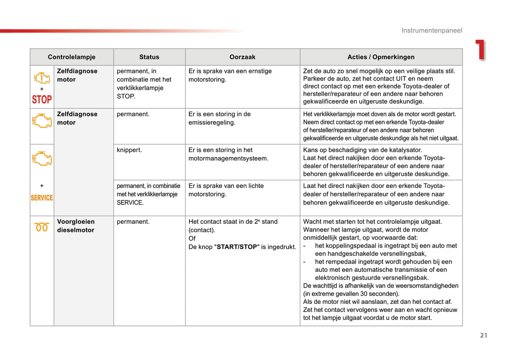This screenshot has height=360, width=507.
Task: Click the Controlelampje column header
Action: pyautogui.click(x=72, y=57)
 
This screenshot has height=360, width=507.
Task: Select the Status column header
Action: pyautogui.click(x=149, y=57)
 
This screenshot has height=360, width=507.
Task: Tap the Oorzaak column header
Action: pyautogui.click(x=242, y=57)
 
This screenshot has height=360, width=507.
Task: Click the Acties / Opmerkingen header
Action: pyautogui.click(x=381, y=57)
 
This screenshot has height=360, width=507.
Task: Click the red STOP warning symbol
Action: pyautogui.click(x=42, y=100)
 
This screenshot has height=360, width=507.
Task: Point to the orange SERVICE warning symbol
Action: pyautogui.click(x=42, y=198)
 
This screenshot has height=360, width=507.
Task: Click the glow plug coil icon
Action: pyautogui.click(x=41, y=227)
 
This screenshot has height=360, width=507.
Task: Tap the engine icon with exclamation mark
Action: pyautogui.click(x=42, y=78)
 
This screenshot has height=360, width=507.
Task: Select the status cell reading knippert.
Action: pyautogui.click(x=129, y=150)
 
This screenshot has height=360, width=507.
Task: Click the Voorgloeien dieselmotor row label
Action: pyautogui.click(x=76, y=226)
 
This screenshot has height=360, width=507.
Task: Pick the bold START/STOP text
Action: pyautogui.click(x=237, y=247)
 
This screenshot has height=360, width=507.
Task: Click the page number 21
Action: pyautogui.click(x=483, y=335)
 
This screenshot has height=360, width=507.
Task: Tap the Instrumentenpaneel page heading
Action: pyautogui.click(x=432, y=31)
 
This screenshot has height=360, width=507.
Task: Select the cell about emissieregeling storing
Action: pyautogui.click(x=219, y=119)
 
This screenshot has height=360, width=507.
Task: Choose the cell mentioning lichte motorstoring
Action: pyautogui.click(x=226, y=190)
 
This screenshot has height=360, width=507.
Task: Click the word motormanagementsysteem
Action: pyautogui.click(x=228, y=159)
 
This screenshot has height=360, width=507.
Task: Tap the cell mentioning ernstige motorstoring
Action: pyautogui.click(x=230, y=75)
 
